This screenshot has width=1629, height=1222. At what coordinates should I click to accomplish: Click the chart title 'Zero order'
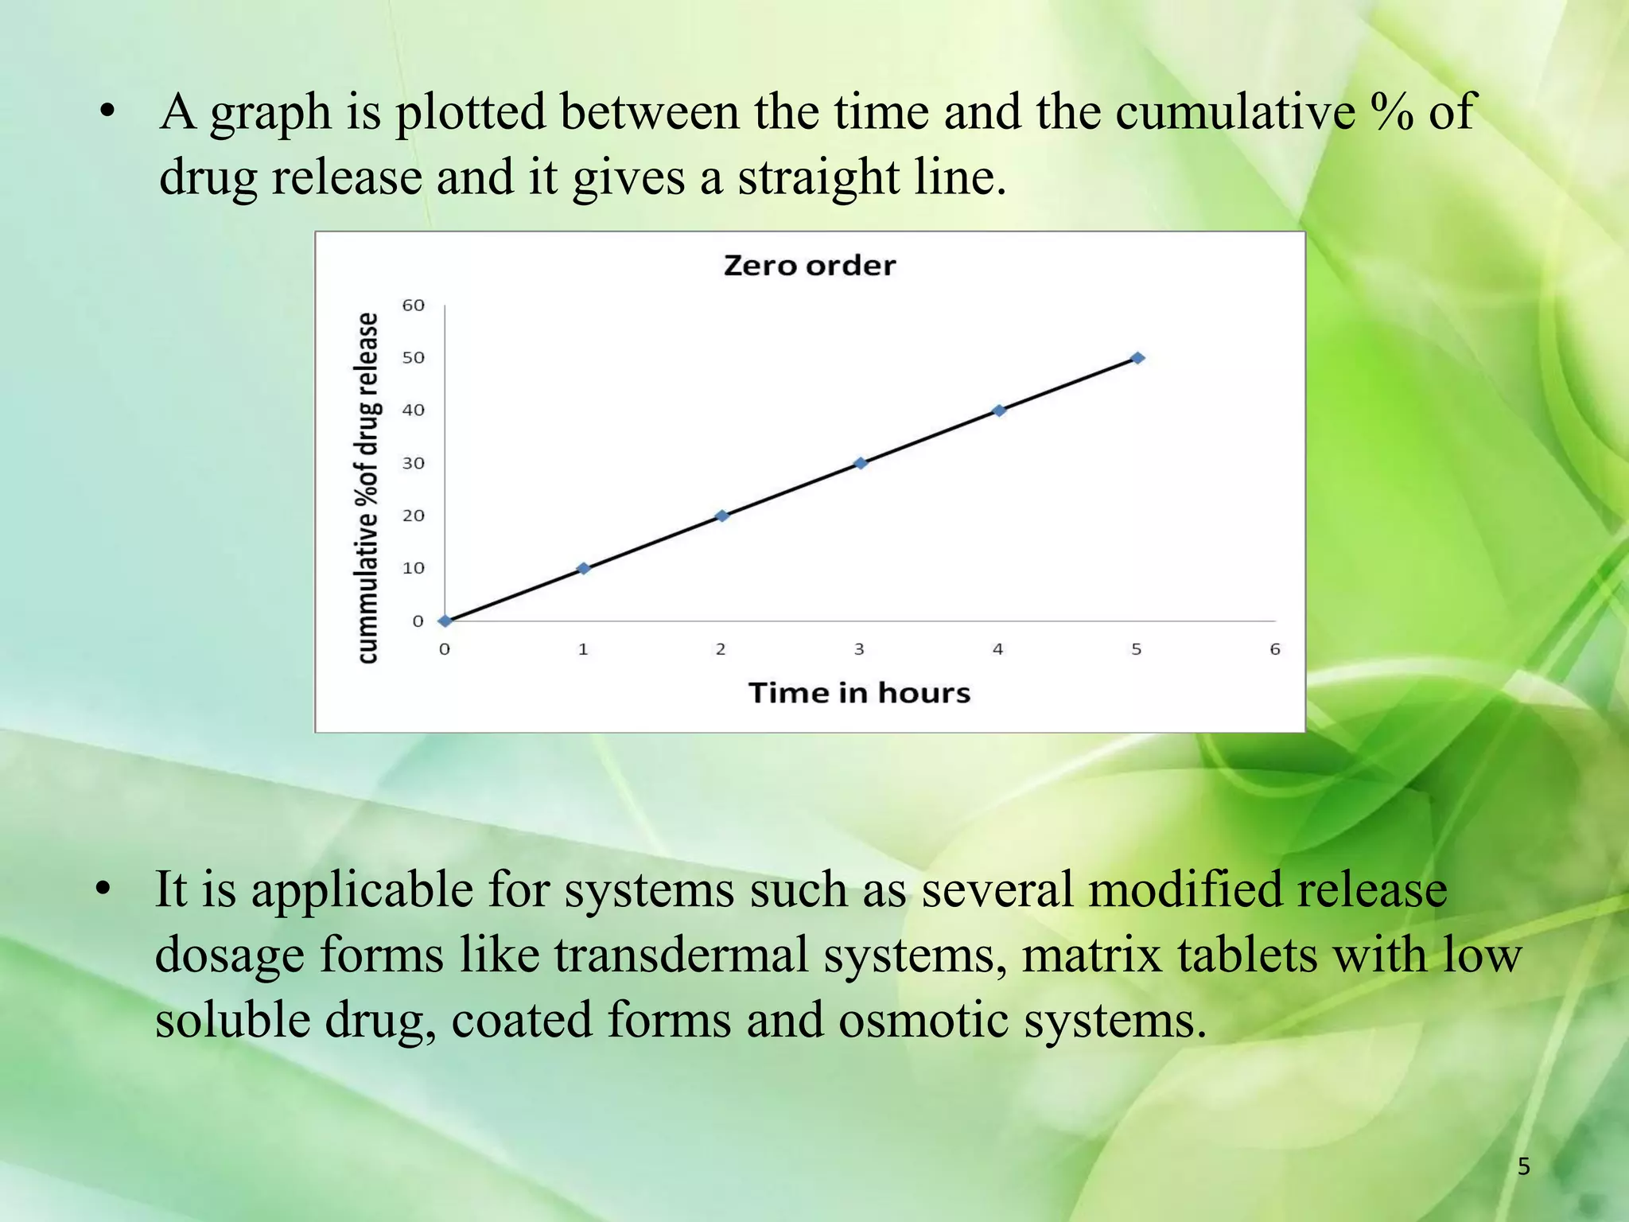point(809,265)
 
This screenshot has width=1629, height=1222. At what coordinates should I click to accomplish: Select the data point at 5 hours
point(1137,358)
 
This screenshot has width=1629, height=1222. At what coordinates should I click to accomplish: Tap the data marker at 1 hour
point(583,568)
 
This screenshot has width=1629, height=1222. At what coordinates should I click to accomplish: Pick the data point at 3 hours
point(860,463)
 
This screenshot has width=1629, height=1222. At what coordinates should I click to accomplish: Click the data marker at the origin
point(445,621)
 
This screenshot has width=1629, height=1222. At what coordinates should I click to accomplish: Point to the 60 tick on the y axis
point(413,305)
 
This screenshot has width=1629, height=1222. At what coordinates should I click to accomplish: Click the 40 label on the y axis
point(413,411)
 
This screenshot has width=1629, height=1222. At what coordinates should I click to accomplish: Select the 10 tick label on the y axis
point(413,568)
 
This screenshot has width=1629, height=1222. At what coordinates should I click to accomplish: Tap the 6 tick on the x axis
point(1275,649)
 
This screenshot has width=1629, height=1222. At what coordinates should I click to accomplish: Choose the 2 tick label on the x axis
point(721,649)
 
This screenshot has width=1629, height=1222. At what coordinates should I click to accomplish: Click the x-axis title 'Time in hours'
point(859,693)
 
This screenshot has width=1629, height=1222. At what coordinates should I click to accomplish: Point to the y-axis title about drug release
point(367,487)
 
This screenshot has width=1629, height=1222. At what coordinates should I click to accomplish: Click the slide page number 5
point(1523,1167)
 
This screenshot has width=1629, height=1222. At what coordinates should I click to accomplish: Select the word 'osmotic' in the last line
point(923,1020)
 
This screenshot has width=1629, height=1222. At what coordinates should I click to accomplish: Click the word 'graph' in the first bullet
point(270,113)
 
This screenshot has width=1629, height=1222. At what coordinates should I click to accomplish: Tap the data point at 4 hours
point(999,411)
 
